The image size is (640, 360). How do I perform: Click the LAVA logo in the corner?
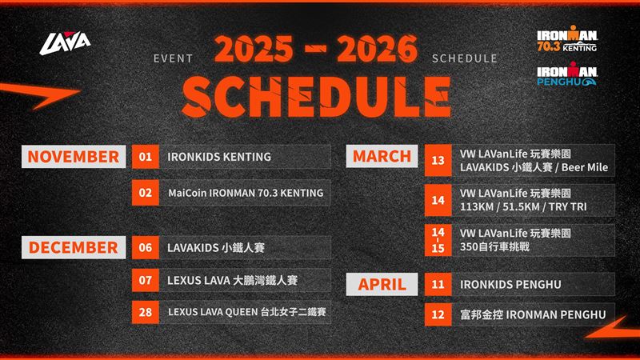(65, 43)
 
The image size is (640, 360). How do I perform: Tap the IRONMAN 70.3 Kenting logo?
(567, 38)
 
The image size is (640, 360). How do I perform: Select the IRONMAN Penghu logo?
(567, 74)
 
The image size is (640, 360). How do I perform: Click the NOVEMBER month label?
(74, 157)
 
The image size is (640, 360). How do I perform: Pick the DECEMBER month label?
(74, 247)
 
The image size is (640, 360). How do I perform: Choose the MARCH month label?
(382, 156)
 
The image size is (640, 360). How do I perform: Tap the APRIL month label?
(382, 284)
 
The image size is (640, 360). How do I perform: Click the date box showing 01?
(146, 157)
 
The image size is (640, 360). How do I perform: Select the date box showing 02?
(146, 193)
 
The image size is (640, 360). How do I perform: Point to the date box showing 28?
(146, 312)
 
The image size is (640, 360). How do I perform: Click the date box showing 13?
(438, 161)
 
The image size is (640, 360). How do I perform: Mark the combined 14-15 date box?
(438, 240)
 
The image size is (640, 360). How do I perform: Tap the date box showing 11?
(438, 284)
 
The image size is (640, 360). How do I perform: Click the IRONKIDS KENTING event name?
(219, 157)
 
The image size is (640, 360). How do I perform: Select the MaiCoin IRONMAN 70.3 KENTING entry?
(246, 193)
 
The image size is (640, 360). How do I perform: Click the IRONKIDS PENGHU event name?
(510, 285)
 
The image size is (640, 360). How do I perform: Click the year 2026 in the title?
(378, 49)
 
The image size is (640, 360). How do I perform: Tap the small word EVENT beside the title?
(173, 58)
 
